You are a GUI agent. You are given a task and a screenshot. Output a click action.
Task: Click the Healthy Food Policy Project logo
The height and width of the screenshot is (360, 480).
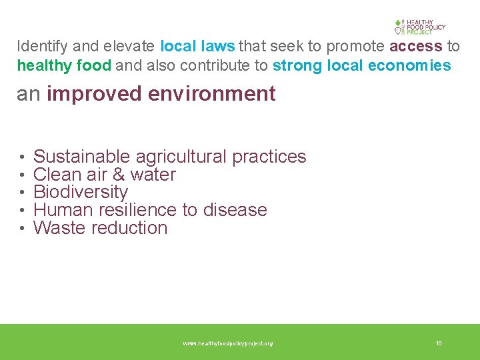click(x=419, y=27)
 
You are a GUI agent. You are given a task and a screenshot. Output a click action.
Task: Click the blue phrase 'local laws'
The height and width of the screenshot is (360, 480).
click(x=197, y=46)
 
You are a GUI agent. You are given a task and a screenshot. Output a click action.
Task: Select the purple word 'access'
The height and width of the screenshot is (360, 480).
click(x=416, y=46)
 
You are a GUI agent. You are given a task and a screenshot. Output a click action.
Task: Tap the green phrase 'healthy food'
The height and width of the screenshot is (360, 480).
click(x=55, y=65)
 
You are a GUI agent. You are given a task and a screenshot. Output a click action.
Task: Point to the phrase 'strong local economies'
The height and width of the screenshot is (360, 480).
click(x=361, y=65)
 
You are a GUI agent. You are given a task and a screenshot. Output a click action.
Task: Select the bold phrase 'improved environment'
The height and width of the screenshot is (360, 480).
click(x=161, y=94)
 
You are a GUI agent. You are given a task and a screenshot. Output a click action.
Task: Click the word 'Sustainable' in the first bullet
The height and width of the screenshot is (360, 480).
click(x=81, y=157)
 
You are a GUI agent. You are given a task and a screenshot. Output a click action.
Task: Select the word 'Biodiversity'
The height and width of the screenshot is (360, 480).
click(x=81, y=193)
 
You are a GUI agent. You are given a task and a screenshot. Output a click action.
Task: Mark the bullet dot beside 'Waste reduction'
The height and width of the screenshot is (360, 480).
click(x=22, y=229)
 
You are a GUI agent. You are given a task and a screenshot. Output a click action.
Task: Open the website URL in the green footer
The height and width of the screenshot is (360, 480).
click(x=228, y=343)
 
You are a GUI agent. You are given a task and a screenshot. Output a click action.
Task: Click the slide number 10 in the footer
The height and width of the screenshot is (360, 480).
click(x=439, y=343)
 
